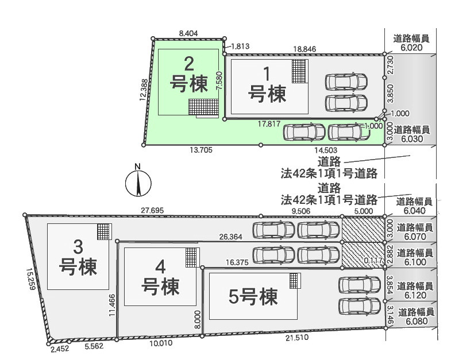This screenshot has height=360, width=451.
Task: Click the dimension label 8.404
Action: click(188, 33)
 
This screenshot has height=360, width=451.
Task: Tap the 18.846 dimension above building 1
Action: click(304, 49)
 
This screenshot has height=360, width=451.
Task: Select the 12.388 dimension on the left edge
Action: click(144, 90)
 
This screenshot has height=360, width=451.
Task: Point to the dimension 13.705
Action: click(201, 150)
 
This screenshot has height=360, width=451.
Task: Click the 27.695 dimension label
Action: click(152, 211)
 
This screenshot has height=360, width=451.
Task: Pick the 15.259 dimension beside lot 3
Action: click(31, 279)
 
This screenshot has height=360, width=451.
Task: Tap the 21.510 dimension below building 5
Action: click(297, 338)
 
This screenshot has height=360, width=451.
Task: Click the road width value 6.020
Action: click(411, 48)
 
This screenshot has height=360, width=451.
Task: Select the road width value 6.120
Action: click(415, 295)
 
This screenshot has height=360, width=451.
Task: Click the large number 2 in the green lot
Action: click(188, 64)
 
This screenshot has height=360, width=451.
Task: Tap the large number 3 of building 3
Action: click(78, 247)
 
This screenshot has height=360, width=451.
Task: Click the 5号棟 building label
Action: click(253, 297)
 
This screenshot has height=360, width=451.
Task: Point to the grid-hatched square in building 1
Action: click(299, 71)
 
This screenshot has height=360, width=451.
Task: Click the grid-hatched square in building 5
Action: click(294, 281)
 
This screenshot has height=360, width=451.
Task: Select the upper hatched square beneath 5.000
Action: click(363, 229)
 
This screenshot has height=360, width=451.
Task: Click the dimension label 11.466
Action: click(113, 305)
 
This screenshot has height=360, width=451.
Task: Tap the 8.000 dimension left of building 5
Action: click(198, 319)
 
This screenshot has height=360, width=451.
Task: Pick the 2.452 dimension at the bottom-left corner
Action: click(60, 349)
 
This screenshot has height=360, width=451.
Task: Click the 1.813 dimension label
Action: click(240, 47)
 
